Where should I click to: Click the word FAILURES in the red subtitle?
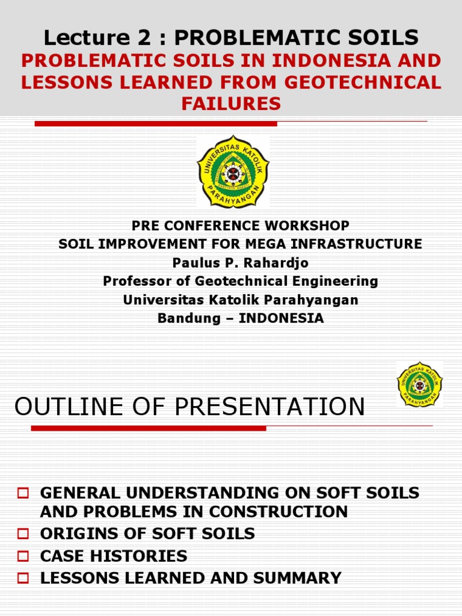click(231, 104)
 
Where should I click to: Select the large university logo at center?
click(233, 171)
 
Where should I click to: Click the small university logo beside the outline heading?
click(419, 385)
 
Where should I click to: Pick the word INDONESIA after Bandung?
click(282, 319)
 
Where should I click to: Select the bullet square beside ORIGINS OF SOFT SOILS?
click(23, 534)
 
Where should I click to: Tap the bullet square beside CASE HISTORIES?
click(23, 556)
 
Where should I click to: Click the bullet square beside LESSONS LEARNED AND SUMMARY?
click(23, 579)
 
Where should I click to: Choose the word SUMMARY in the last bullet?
click(298, 579)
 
